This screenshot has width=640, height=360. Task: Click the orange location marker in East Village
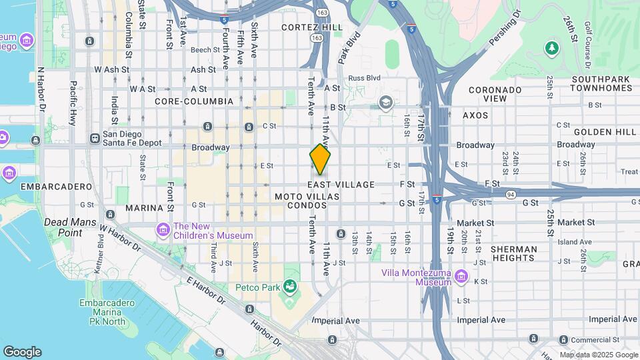pyautogui.click(x=320, y=160)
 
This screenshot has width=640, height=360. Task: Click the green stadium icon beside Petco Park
pyautogui.click(x=290, y=287)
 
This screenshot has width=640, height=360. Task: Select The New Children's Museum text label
pyautogui.click(x=213, y=231)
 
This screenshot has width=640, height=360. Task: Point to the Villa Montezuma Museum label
pyautogui.click(x=416, y=277)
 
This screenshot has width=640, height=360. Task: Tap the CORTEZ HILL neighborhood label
pyautogui.click(x=312, y=27)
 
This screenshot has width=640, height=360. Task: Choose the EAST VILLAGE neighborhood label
pyautogui.click(x=341, y=184)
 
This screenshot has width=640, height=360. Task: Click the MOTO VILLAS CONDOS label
pyautogui.click(x=307, y=201)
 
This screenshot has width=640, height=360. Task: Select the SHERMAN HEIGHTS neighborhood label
pyautogui.click(x=513, y=253)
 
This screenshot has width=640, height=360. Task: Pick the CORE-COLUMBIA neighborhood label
pyautogui.click(x=194, y=101)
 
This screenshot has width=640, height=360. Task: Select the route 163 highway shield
pyautogui.click(x=323, y=13)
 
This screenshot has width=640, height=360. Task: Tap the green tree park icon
pyautogui.click(x=551, y=47)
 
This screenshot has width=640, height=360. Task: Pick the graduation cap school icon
pyautogui.click(x=385, y=103)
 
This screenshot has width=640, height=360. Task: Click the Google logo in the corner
pyautogui.click(x=23, y=351)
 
